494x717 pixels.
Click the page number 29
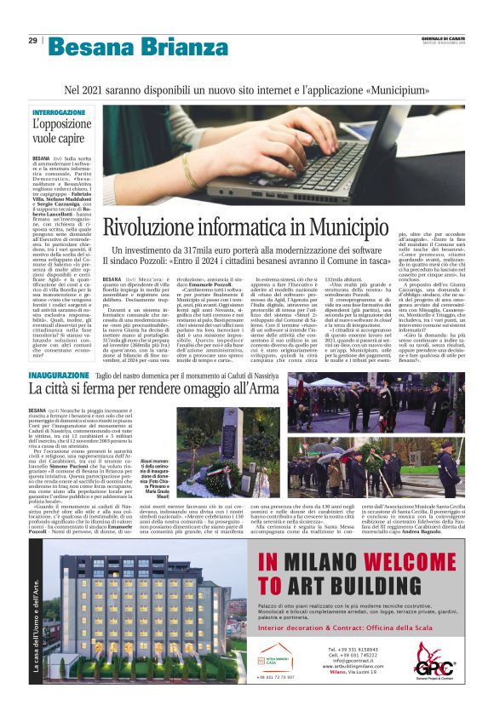[32, 40]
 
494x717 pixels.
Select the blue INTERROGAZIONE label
[59, 112]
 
